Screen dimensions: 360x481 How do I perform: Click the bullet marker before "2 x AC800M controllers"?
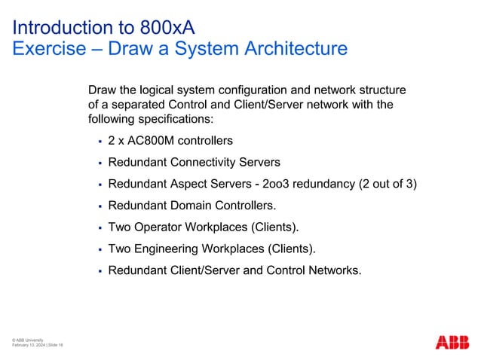100,141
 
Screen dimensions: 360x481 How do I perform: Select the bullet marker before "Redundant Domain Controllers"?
100,205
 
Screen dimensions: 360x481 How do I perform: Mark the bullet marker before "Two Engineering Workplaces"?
100,248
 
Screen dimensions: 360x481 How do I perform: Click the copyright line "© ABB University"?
27,340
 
